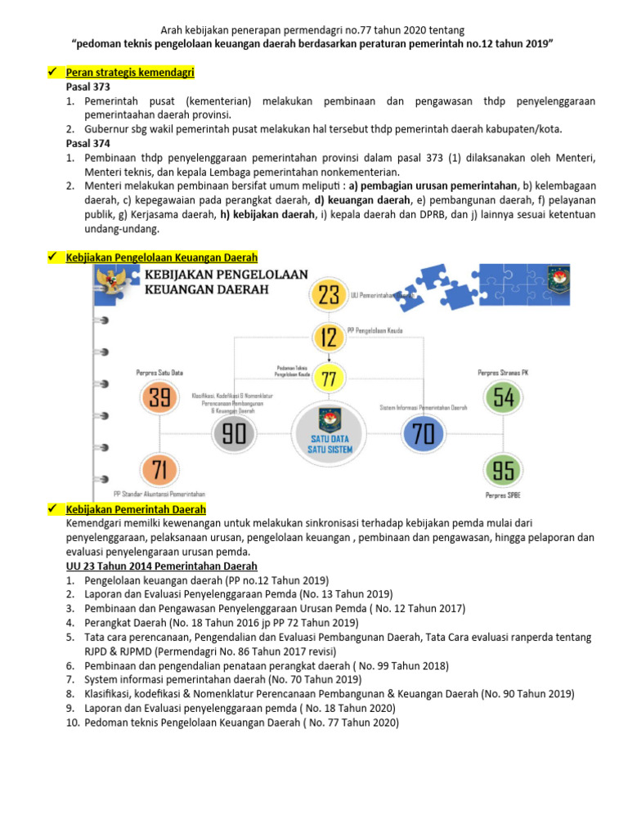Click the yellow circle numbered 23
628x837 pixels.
(x=329, y=295)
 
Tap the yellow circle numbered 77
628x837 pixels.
(x=329, y=378)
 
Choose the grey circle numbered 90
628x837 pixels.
(x=234, y=433)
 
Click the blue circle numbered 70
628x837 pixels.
(x=423, y=434)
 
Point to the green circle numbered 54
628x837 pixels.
(x=504, y=398)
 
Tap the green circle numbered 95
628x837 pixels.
(x=504, y=470)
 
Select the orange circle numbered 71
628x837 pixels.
(x=159, y=470)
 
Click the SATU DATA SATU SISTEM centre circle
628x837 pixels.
(x=329, y=433)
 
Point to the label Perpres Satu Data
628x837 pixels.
(x=159, y=373)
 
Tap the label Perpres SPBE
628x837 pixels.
(x=503, y=495)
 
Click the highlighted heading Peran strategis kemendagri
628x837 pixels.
(x=129, y=72)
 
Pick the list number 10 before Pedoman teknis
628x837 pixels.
(x=73, y=723)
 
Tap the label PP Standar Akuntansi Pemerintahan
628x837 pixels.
(x=159, y=494)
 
